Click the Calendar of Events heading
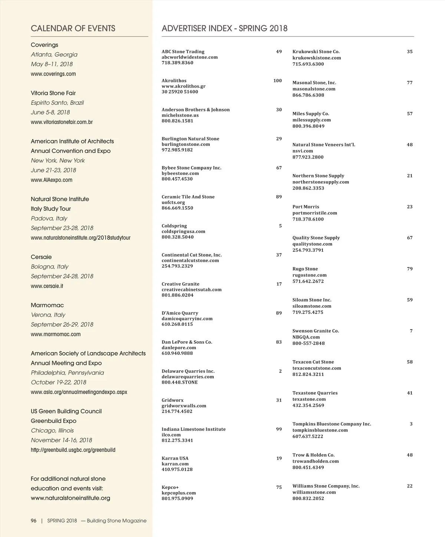point(73,29)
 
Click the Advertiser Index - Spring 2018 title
point(224,29)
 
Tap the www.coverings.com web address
point(53,74)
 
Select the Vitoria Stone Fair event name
point(53,93)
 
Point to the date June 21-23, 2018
point(53,170)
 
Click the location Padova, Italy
point(49,219)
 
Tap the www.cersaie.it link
point(47,286)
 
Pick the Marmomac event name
point(47,305)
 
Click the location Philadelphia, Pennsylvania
point(67,373)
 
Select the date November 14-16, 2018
point(62,440)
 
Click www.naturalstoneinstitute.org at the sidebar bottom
point(70,498)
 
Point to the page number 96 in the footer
point(34,521)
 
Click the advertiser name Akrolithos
point(174,81)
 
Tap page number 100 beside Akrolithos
point(277,81)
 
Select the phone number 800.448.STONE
point(179,382)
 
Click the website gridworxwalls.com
point(184,406)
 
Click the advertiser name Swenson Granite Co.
point(316,331)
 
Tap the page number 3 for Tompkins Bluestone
point(411,424)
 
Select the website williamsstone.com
point(314,492)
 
